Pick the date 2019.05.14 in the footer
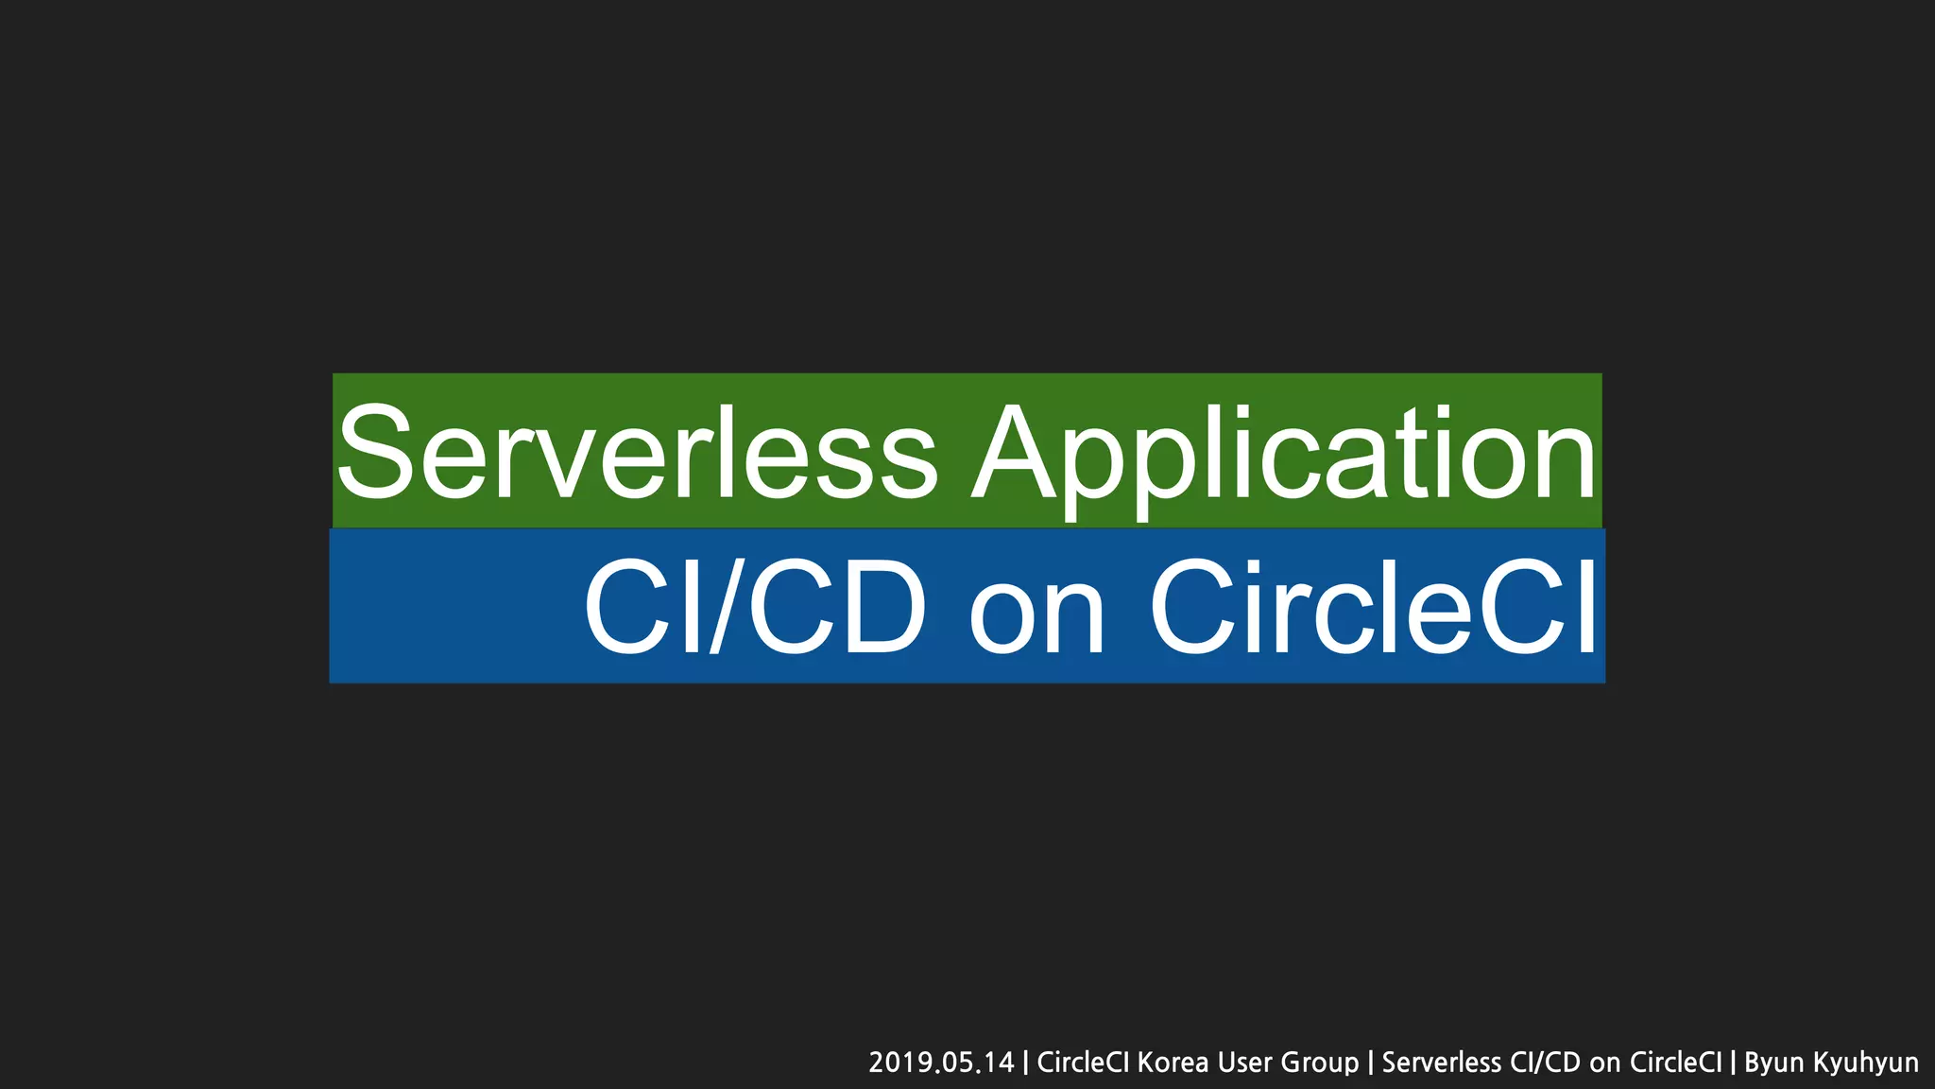point(941,1063)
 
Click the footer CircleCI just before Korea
point(1084,1063)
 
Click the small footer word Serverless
point(1441,1063)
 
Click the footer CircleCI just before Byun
point(1676,1063)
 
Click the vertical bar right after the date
point(1025,1063)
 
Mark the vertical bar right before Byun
point(1733,1063)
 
